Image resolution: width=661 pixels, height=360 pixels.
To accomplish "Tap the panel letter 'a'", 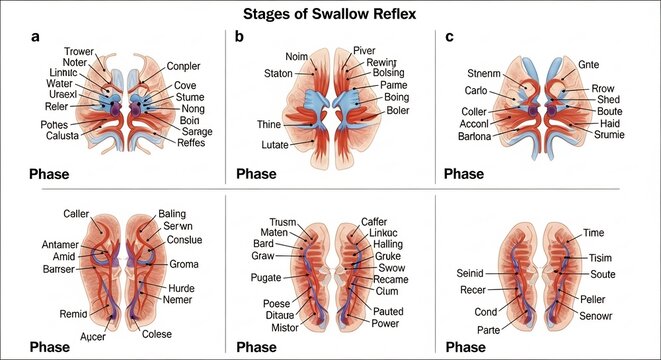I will click(36, 38).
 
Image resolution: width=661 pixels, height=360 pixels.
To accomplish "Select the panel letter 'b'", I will click(239, 38).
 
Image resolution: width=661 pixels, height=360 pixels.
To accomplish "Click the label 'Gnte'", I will click(590, 65).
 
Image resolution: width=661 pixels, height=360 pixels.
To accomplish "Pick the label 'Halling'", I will click(380, 244).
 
